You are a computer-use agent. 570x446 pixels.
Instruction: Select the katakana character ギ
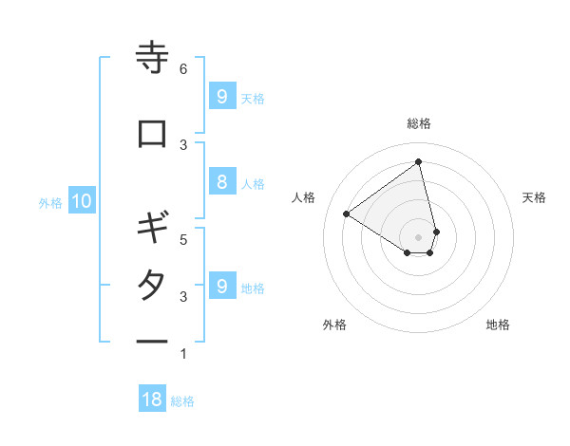(152, 229)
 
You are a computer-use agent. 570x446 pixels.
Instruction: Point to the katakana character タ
(152, 286)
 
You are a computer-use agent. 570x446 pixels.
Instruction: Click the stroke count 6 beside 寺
(183, 69)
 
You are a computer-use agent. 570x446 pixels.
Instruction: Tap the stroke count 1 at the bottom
(183, 354)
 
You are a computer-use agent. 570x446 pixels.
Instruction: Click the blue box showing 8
(221, 183)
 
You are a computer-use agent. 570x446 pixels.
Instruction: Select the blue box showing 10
(81, 201)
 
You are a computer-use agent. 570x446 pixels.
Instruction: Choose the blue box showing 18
(152, 400)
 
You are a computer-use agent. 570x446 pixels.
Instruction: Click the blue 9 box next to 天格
(221, 96)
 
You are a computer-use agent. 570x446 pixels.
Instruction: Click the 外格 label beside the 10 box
(50, 202)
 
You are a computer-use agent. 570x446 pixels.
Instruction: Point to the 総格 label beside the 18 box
(182, 401)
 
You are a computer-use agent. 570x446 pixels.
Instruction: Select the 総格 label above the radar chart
(419, 123)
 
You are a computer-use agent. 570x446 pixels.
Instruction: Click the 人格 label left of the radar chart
(304, 197)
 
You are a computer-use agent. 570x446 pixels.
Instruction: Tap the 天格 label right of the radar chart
(534, 197)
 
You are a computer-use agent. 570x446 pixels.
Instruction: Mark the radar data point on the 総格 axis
(419, 161)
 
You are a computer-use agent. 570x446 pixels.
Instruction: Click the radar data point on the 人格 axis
(347, 214)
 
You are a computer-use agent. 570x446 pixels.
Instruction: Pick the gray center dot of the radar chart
(419, 236)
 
